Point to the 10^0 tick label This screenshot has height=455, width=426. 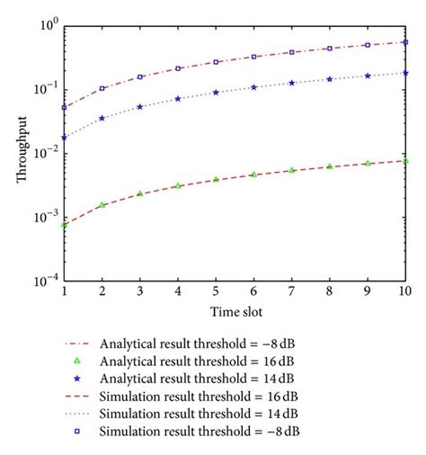47,25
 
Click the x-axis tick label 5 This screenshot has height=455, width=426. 216,292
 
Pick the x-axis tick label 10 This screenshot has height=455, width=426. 404,292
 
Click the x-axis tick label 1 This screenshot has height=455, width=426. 64,292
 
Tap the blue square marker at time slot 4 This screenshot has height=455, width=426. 178,68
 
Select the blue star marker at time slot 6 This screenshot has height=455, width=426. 253,87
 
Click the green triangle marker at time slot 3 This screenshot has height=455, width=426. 140,193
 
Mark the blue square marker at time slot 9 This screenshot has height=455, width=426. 367,45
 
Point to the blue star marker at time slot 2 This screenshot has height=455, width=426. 102,118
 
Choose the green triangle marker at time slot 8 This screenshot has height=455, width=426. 329,166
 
